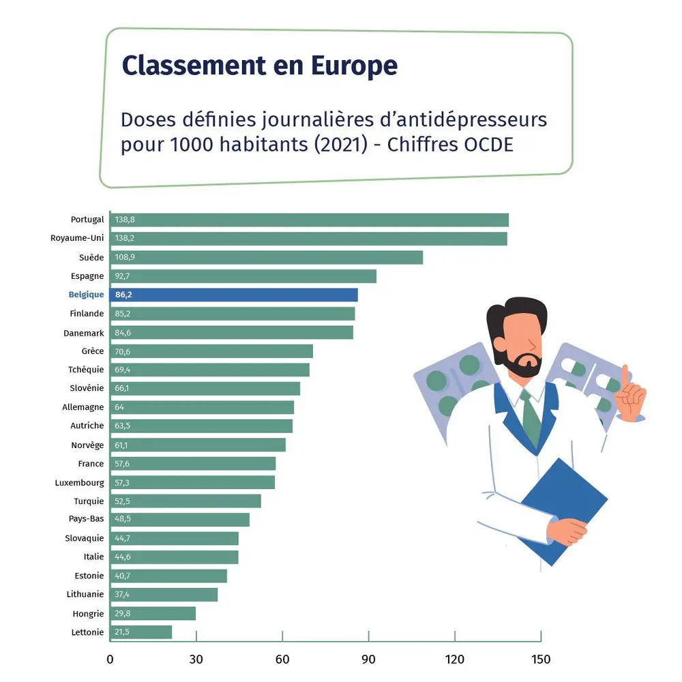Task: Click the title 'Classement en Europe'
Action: (x=259, y=65)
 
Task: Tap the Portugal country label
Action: (x=87, y=220)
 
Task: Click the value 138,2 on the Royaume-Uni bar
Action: (x=125, y=239)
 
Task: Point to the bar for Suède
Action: (x=266, y=257)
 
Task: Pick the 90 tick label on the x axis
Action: (x=368, y=659)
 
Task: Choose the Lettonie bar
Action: (x=140, y=632)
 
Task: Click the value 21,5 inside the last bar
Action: (x=122, y=632)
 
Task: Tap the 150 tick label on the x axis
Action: (x=540, y=659)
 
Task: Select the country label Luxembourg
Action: (x=80, y=483)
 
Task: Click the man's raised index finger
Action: (x=625, y=375)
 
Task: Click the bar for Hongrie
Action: (x=153, y=613)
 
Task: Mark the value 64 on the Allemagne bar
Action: (x=119, y=407)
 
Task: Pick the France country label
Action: (x=91, y=464)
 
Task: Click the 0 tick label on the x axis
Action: (x=110, y=659)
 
